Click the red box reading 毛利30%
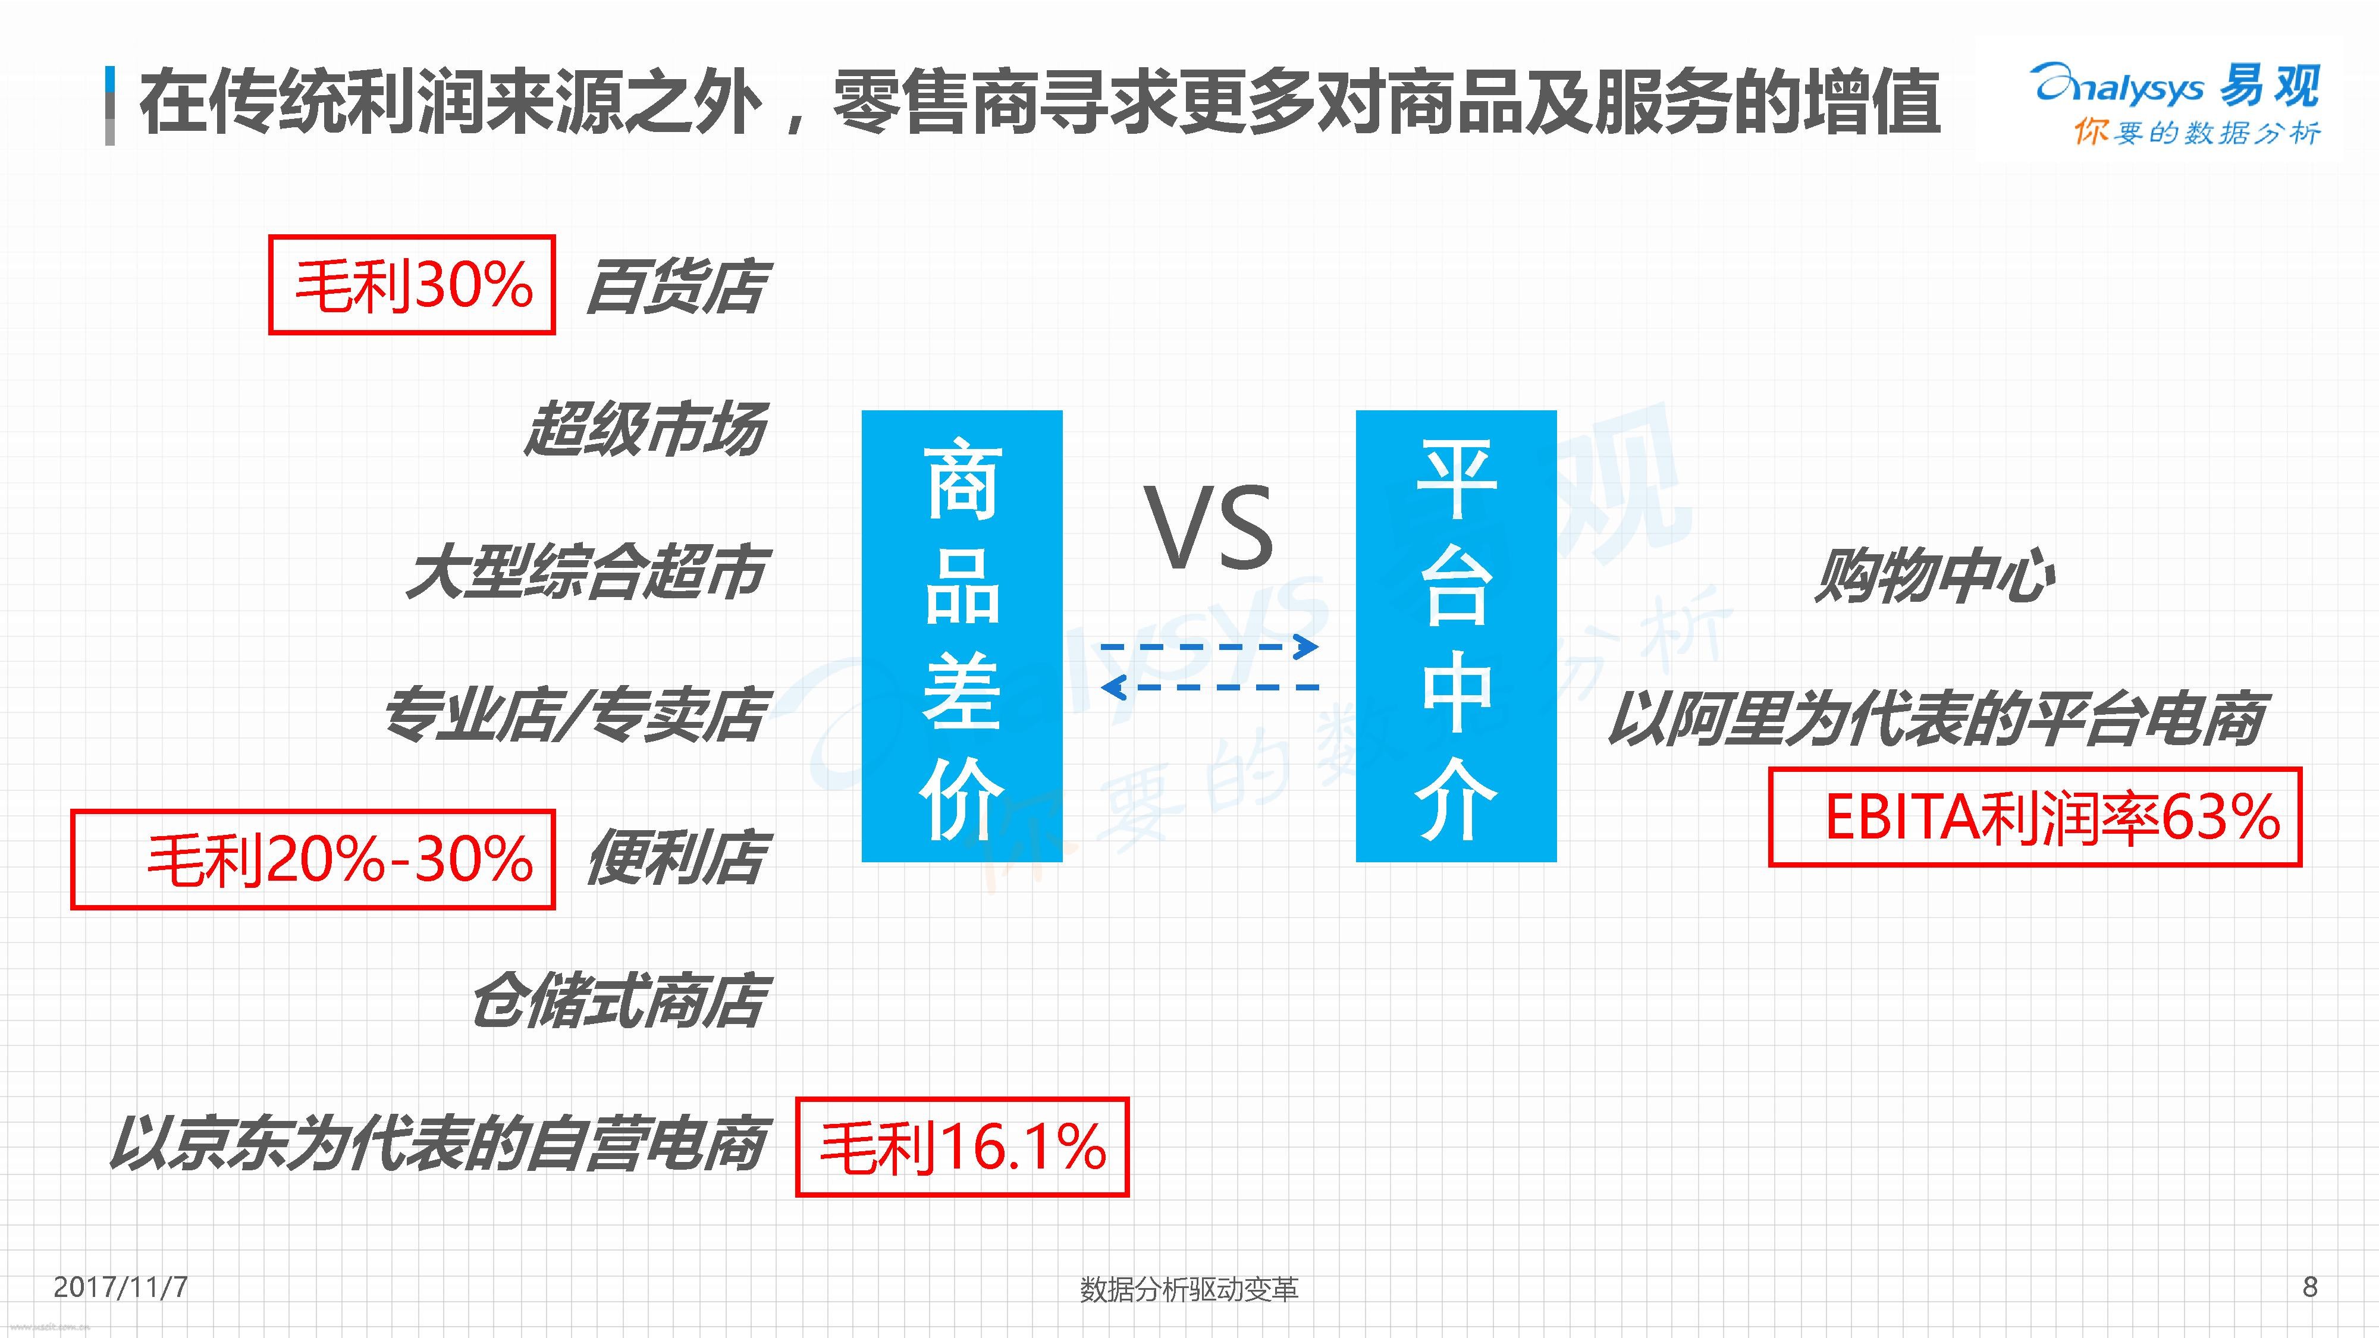[x=412, y=284]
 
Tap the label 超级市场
[x=645, y=429]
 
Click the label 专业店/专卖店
[x=575, y=715]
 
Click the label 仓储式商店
[x=618, y=1001]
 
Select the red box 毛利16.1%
[x=962, y=1147]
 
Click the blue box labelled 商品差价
[x=962, y=636]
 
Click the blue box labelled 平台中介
[x=1457, y=636]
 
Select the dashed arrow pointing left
[x=1210, y=687]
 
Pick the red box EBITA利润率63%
[x=2035, y=817]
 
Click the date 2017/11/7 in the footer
[x=121, y=1287]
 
